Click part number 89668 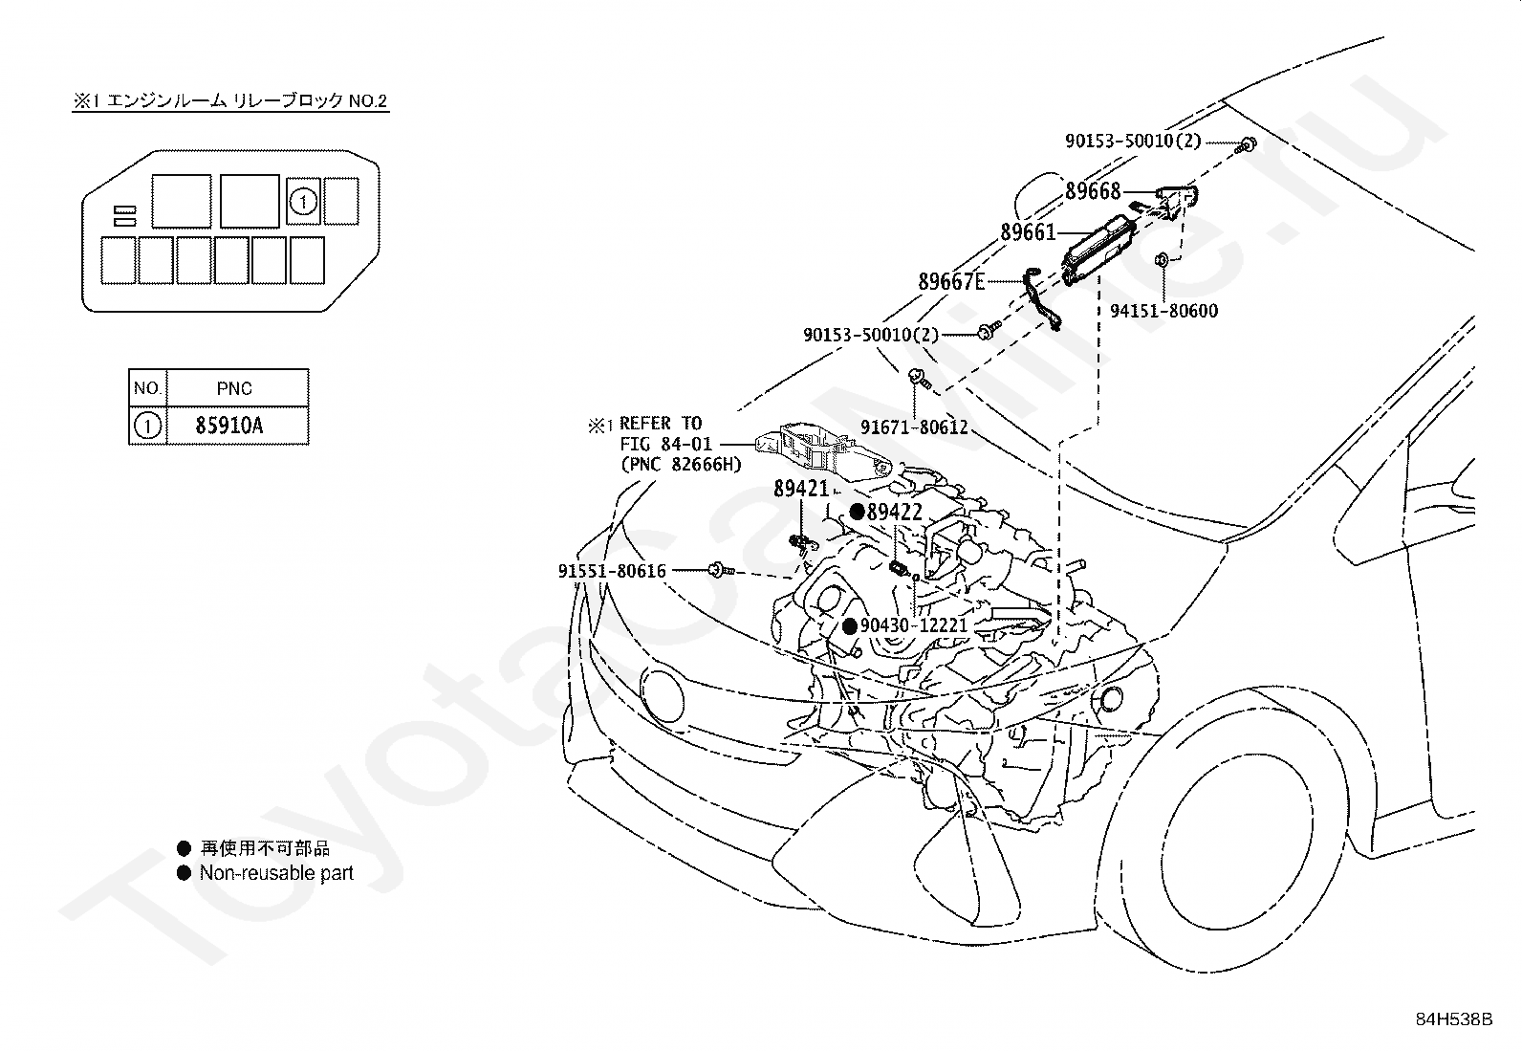(1093, 191)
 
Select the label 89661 (1028, 232)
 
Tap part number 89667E (951, 281)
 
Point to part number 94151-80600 (1163, 311)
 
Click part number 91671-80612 (914, 427)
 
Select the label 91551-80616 (612, 571)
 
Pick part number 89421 (801, 488)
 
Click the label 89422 (894, 512)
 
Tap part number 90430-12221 (914, 625)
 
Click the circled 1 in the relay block (303, 201)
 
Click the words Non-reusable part (276, 873)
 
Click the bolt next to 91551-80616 (721, 570)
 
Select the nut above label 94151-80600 (1162, 259)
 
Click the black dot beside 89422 (858, 512)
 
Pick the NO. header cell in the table (147, 388)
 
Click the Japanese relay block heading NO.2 (230, 101)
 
